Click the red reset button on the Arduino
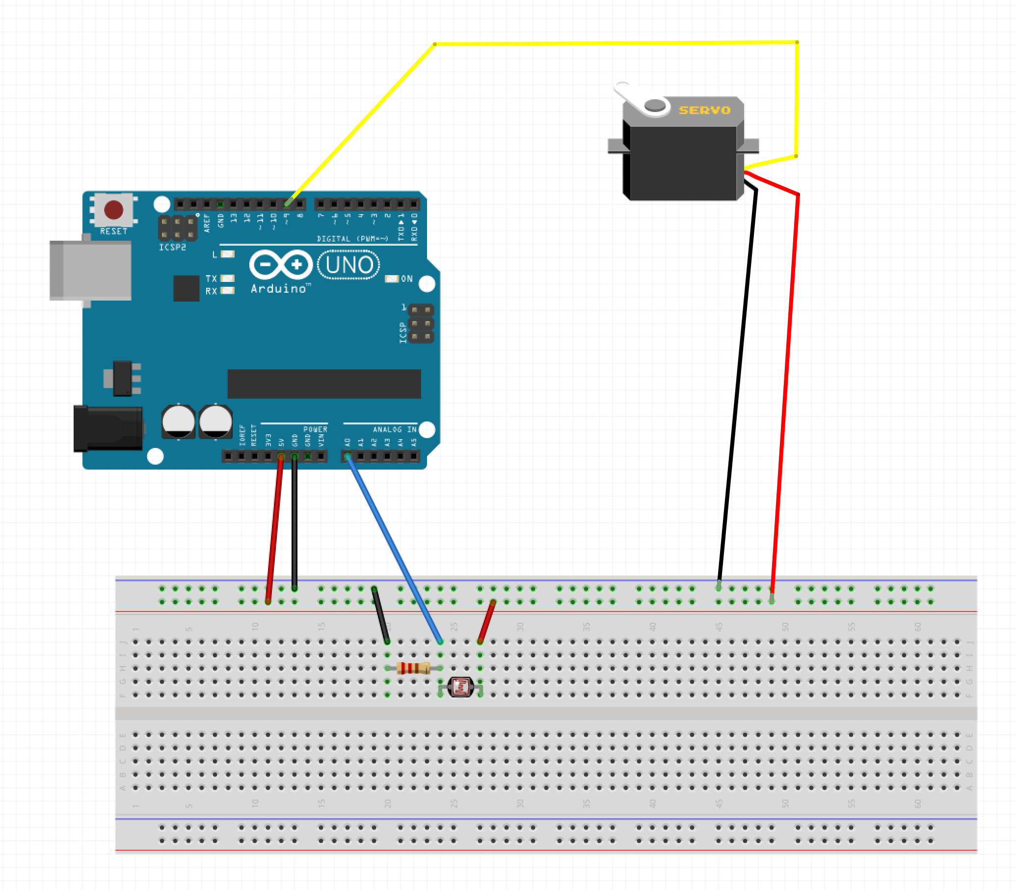tap(113, 210)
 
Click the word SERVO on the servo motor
tap(704, 110)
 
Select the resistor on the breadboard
tap(413, 668)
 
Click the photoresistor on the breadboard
tap(460, 687)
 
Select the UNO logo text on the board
tap(349, 265)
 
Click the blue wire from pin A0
tap(392, 546)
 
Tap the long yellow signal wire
tap(615, 44)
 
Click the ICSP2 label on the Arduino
tap(172, 248)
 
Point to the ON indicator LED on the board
tap(392, 279)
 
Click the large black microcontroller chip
tap(323, 384)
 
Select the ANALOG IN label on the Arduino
tap(395, 430)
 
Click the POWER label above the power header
tap(315, 430)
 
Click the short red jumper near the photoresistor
tap(486, 621)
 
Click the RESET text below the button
tap(114, 231)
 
